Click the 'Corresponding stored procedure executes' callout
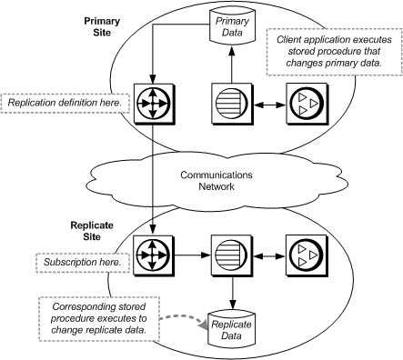(x=98, y=315)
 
